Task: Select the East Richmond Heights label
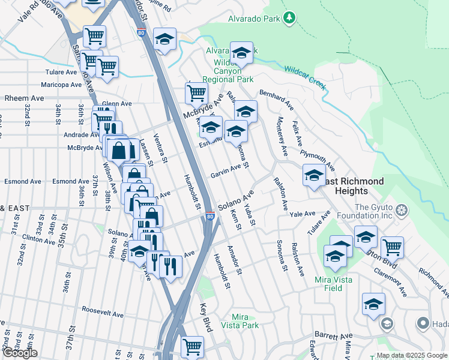(351, 186)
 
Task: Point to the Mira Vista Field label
(328, 283)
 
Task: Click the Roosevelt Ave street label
(103, 314)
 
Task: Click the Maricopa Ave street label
(60, 85)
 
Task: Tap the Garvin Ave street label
(226, 175)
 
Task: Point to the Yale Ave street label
(302, 214)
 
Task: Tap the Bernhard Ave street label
(276, 100)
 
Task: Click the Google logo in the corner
(20, 353)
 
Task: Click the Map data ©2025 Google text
(412, 355)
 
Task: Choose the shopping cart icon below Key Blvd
(193, 347)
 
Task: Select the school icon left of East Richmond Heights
(313, 176)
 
